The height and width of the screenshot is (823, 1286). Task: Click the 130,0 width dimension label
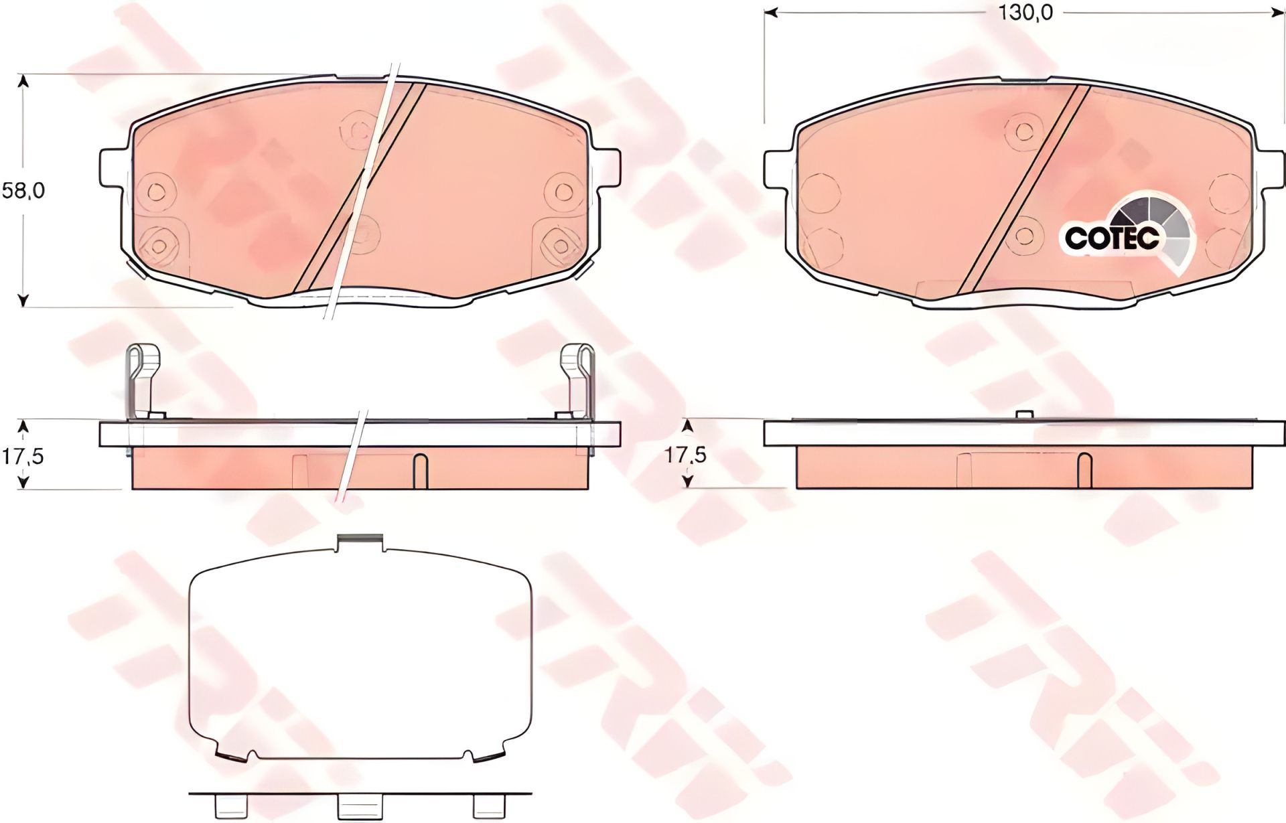click(1025, 13)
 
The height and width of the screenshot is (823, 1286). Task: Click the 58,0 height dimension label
click(23, 191)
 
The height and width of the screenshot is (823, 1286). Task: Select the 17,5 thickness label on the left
click(23, 456)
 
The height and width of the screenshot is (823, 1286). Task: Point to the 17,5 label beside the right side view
click(685, 455)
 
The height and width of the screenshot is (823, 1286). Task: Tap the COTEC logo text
click(1111, 238)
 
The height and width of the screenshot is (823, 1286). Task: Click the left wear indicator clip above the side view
click(143, 382)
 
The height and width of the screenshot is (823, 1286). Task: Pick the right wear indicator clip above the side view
click(576, 382)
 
